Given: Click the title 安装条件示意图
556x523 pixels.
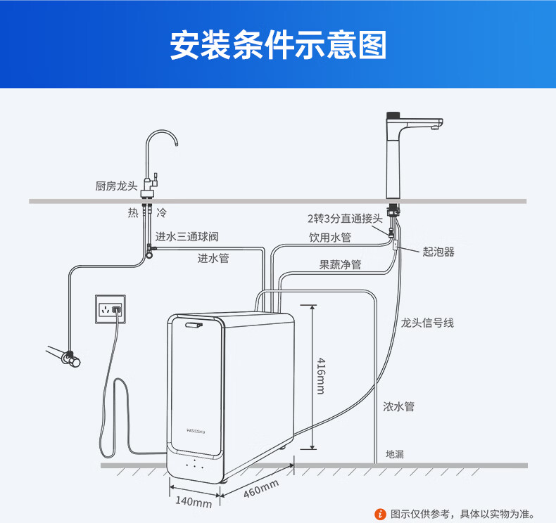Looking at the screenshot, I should click(x=278, y=44).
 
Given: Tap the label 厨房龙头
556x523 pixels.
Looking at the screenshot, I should click(x=114, y=186).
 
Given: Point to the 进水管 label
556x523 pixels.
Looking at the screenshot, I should click(x=213, y=258).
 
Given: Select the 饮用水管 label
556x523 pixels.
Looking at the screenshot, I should click(x=330, y=238).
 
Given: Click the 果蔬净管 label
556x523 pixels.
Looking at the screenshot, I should click(x=340, y=265).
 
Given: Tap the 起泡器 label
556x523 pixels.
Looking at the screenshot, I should click(x=438, y=252).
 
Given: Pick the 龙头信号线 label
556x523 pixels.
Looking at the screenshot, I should click(x=427, y=323).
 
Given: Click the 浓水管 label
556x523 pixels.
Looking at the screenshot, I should click(x=398, y=406).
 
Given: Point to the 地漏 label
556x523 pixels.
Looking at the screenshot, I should click(x=395, y=454).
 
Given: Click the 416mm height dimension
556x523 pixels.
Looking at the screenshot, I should click(x=320, y=375).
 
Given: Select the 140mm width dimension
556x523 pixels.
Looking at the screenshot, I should click(x=194, y=503).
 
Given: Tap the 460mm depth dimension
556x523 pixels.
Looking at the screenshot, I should click(x=261, y=488).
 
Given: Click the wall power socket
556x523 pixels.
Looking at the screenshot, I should click(x=111, y=309).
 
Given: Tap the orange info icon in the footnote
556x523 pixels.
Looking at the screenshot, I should click(x=381, y=514).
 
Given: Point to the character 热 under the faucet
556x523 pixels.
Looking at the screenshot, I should click(x=133, y=212).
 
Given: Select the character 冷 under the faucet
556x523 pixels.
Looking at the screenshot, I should click(x=161, y=212).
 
